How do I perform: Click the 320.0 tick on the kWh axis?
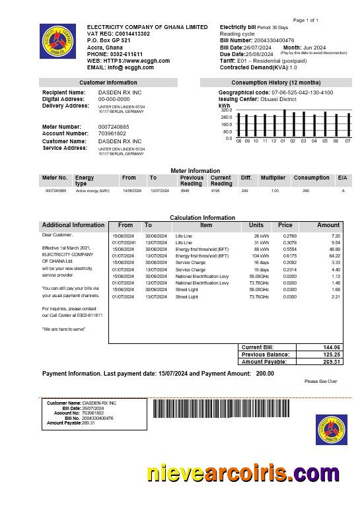[227, 110]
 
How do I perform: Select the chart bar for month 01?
[283, 123]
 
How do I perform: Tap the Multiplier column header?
[273, 178]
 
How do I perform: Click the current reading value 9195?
[215, 191]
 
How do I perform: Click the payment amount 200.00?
[265, 374]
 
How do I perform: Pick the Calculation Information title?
[202, 217]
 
